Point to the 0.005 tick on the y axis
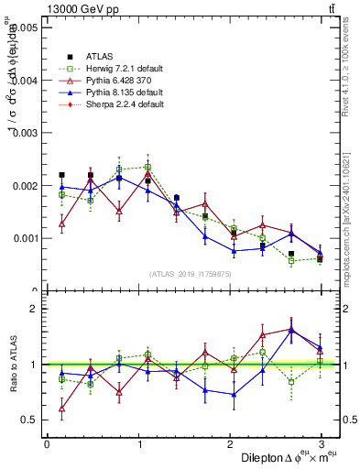23,27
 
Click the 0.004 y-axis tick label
23,81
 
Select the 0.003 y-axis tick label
23,133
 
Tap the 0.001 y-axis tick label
23,238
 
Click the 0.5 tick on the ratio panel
29,420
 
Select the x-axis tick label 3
321,444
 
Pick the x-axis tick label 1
138,444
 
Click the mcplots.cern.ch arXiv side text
351,211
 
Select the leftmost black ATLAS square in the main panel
61,174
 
